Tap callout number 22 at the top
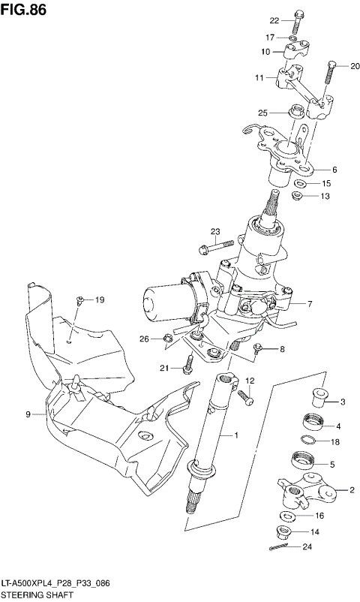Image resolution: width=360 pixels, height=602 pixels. coord(274,20)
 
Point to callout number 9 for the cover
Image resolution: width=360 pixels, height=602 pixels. coord(28,414)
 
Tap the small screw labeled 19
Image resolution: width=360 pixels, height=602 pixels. coord(79,301)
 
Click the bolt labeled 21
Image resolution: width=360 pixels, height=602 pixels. coord(190,364)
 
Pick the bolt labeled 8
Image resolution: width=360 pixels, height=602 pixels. coord(257,348)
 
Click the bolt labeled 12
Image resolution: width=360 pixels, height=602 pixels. coord(244,393)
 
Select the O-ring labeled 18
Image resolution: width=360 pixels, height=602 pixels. coord(308,441)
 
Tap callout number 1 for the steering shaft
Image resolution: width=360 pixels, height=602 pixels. coord(236,435)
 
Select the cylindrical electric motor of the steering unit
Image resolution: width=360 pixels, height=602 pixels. coord(161,301)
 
